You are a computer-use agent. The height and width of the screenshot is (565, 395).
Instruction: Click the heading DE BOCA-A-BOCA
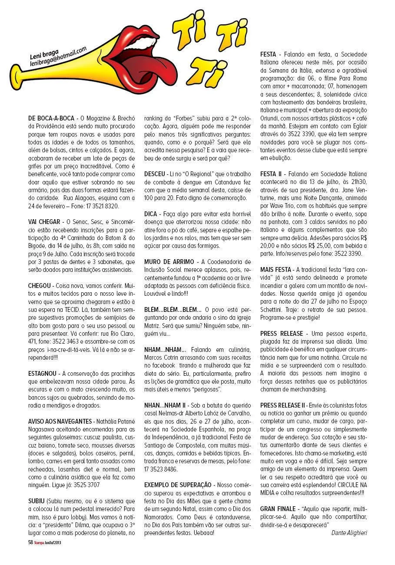tap(50, 118)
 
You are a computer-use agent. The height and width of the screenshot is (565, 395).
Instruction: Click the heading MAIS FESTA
tap(276, 270)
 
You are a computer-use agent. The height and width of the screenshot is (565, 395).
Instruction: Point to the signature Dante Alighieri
tap(349, 532)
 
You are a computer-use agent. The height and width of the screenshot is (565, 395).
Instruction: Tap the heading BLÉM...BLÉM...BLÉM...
tap(173, 310)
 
